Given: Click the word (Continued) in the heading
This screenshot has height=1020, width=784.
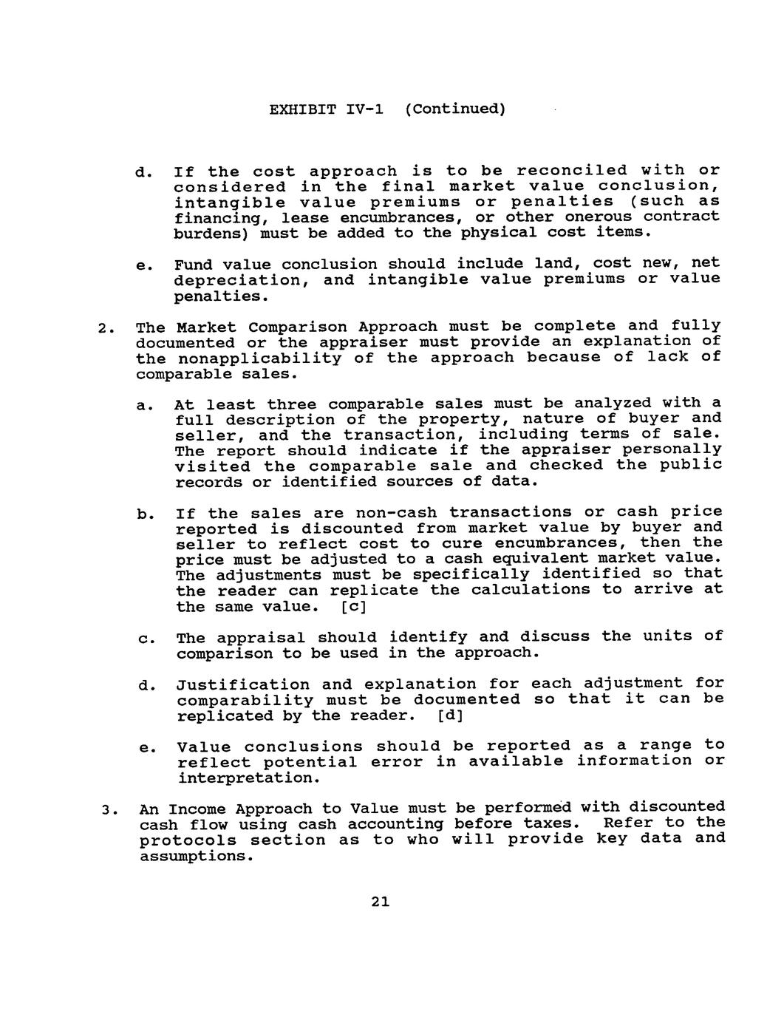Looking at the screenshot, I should tap(454, 110).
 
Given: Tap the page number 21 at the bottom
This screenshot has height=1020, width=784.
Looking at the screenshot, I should tap(381, 902).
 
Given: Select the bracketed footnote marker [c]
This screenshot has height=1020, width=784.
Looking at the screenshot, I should tap(352, 607).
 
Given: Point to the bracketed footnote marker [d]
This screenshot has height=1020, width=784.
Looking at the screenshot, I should tap(449, 715).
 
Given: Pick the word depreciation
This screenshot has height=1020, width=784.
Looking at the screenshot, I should tap(239, 280).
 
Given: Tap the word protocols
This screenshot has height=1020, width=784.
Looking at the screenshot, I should tap(188, 840).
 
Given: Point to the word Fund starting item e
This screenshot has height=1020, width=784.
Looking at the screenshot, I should tap(194, 265).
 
